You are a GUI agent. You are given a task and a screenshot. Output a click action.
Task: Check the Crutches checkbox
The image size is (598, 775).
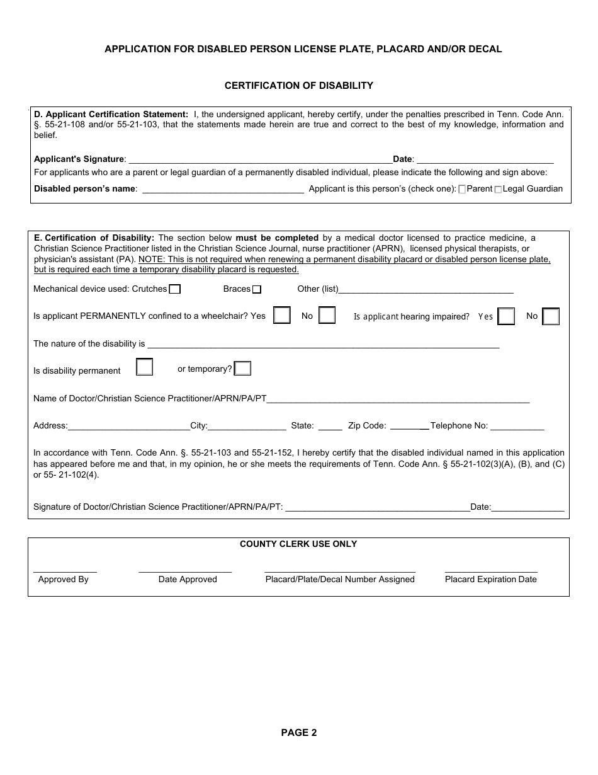pos(175,289)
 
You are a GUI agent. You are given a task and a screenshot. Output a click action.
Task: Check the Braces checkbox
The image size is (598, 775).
pos(256,289)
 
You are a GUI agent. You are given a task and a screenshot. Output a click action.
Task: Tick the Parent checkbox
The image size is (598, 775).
pos(463,189)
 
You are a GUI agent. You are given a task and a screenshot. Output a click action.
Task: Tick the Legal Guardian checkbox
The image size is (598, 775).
pos(499,189)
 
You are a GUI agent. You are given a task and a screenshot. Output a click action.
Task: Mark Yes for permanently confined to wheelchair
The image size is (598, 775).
pos(281,315)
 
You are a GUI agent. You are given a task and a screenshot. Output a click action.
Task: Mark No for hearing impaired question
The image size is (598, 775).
pos(551,316)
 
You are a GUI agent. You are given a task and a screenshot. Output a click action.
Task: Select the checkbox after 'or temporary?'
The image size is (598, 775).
pos(242,369)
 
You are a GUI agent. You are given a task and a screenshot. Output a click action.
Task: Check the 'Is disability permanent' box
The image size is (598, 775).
pos(145,367)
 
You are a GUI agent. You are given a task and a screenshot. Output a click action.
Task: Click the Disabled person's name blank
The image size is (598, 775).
pos(223,189)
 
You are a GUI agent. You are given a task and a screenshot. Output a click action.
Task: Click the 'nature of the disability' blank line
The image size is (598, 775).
pos(323,344)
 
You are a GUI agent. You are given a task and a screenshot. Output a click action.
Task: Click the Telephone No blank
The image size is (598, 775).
pos(517,426)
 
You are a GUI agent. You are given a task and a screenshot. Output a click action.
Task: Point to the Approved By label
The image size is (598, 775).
pos(63,579)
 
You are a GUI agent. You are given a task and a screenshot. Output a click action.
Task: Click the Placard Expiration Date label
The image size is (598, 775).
pos(490,579)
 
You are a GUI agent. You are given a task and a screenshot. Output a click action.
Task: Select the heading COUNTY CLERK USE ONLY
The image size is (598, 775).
pos(298,544)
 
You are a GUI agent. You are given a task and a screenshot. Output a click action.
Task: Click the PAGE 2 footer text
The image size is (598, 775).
pos(298,732)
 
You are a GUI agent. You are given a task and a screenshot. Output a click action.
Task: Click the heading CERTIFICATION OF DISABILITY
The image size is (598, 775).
pos(298,86)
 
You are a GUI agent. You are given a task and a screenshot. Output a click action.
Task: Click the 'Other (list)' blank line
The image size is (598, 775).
pos(426,290)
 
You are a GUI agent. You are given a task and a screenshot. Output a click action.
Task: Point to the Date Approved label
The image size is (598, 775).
pos(188,579)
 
